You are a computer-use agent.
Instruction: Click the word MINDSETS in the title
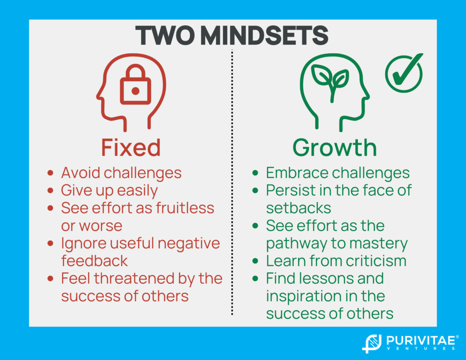click(264, 35)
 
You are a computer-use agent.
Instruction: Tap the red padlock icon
click(136, 85)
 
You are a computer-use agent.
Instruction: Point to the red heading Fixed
click(131, 147)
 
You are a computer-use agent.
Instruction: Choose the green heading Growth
click(334, 147)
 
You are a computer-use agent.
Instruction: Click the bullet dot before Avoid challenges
click(50, 172)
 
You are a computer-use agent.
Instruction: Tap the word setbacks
click(299, 208)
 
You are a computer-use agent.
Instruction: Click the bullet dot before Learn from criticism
click(255, 261)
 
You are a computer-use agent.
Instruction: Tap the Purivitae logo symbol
click(372, 343)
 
